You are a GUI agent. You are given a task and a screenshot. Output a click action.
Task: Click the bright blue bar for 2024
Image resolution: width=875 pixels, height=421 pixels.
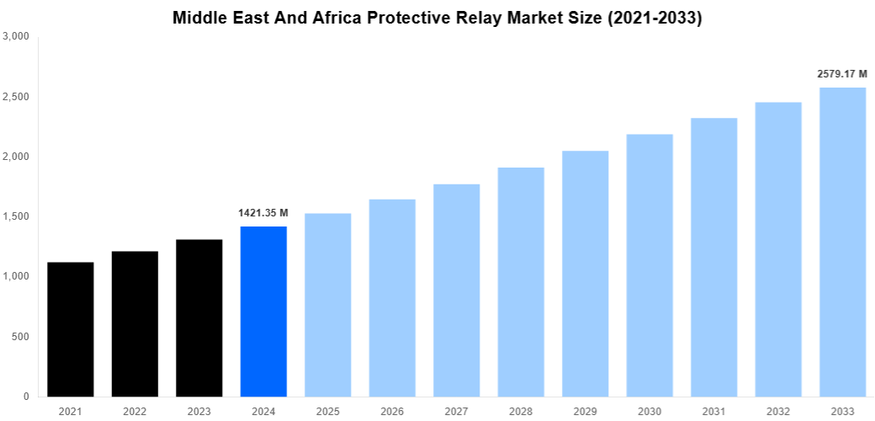coord(263,312)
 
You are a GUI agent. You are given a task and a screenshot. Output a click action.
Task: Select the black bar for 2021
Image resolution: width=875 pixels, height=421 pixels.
coord(71,329)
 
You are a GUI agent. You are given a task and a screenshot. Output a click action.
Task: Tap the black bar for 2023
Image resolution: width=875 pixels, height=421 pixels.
coord(199,318)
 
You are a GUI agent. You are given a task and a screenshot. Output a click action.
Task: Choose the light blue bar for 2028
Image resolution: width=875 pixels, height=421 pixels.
coord(521,282)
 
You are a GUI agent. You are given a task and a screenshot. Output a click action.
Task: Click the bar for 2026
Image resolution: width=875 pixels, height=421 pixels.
coord(392,298)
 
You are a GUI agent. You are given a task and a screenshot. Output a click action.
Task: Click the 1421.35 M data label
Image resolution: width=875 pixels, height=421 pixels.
coord(263,213)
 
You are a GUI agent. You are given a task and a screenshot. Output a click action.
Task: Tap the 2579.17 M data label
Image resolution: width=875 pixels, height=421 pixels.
coord(842,74)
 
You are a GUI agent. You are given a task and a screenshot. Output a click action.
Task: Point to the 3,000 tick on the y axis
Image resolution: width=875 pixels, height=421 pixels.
coord(16,37)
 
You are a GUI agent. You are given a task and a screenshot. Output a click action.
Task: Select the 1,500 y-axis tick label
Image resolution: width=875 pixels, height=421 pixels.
coord(16,217)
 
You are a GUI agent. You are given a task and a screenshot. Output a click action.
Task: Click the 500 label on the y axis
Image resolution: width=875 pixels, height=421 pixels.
coord(20,337)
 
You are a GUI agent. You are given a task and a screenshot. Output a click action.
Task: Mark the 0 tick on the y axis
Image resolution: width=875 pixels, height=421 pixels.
coord(26,397)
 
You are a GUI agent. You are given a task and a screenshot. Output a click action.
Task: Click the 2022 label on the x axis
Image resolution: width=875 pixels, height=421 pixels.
coord(135,411)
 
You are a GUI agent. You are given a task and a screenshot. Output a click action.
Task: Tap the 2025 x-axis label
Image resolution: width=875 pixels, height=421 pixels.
coord(328,411)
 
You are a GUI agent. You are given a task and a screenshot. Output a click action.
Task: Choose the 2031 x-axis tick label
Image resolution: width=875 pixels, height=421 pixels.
coord(713,411)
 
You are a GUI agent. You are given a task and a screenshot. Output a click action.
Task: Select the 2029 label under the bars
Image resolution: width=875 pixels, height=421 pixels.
coord(585,411)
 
